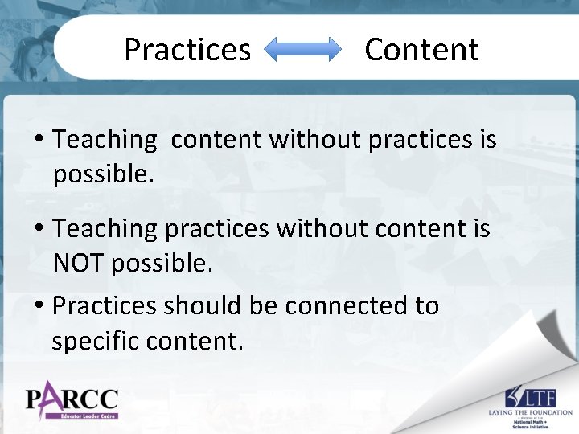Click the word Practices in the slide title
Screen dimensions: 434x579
pos(187,50)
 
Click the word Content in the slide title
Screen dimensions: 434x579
pos(421,50)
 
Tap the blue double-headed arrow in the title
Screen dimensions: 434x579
pos(303,50)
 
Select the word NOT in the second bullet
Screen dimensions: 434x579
pos(80,262)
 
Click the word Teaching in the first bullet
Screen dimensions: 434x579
pos(105,140)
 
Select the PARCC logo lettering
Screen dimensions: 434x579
pos(72,398)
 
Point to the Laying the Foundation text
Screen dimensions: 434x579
pos(530,411)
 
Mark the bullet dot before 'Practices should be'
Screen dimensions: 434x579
pos(39,307)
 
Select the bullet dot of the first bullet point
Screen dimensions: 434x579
pos(39,141)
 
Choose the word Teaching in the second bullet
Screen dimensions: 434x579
pos(105,228)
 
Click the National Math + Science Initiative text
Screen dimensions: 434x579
pos(531,424)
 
